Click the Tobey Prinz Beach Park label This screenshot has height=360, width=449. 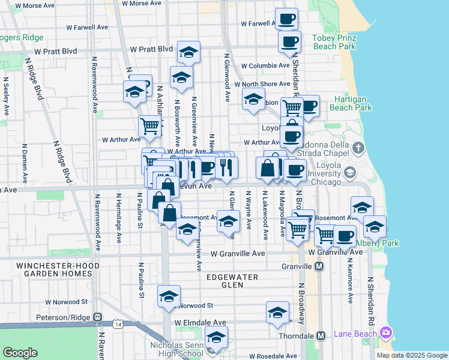pos(334,42)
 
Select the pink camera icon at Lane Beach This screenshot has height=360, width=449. pos(385,332)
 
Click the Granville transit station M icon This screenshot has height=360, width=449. pos(320,266)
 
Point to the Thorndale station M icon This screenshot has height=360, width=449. pos(321,335)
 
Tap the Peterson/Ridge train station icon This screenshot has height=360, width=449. pos(98,316)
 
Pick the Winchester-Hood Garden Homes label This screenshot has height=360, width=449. pos(55,269)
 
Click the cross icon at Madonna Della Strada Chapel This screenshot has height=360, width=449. pos(358,147)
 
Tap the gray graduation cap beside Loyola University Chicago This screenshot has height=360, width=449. pos(349,174)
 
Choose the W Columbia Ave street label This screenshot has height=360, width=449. pos(266,65)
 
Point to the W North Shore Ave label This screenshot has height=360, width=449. pos(266,84)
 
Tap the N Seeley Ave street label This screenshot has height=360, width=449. pos(5,95)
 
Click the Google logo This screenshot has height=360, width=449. pos(20,353)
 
